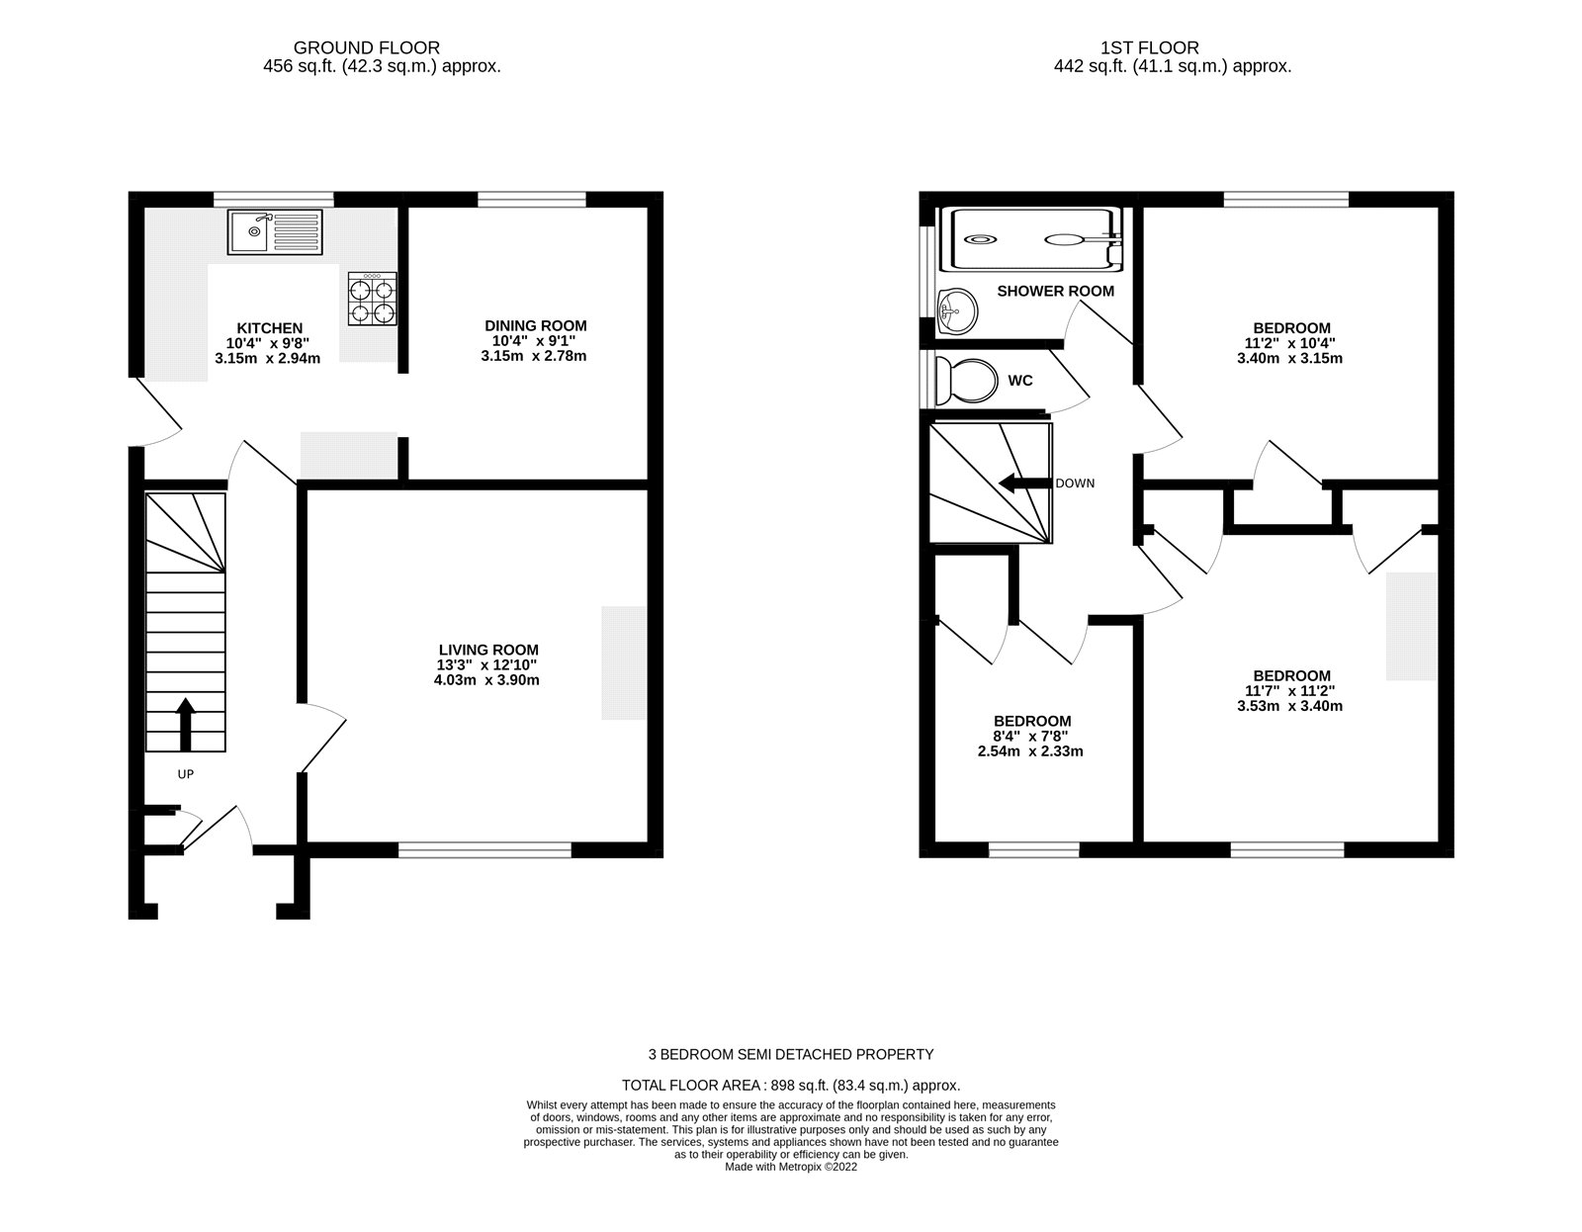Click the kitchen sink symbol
click(x=275, y=232)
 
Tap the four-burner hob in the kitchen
click(x=372, y=300)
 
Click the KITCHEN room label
click(x=269, y=328)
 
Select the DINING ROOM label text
click(x=535, y=325)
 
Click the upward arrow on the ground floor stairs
click(x=184, y=725)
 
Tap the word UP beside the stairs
click(x=185, y=774)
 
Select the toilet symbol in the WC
click(x=968, y=381)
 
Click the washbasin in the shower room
click(x=956, y=313)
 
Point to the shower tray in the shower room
click(x=1035, y=238)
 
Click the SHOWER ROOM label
click(x=1055, y=291)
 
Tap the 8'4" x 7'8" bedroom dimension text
click(x=1032, y=736)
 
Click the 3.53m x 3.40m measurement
click(x=1290, y=706)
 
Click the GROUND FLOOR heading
click(x=367, y=47)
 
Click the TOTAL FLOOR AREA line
click(x=790, y=1085)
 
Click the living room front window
click(x=485, y=849)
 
